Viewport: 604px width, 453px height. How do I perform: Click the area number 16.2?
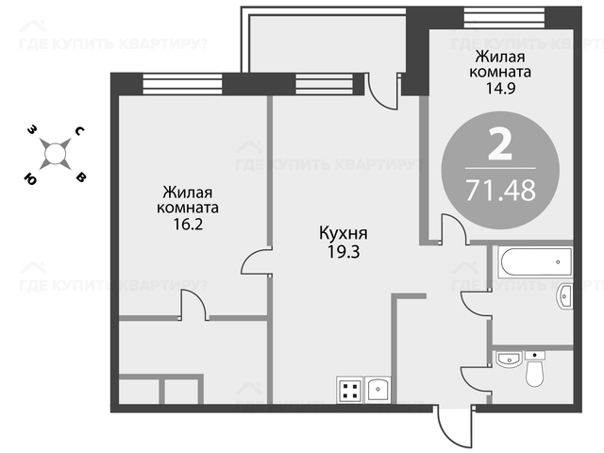[188, 225]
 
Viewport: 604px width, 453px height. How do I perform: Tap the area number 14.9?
[500, 89]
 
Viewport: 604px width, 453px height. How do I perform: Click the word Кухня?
[344, 234]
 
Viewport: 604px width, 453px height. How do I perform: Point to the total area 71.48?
[501, 190]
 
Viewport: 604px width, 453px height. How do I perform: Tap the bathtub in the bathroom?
[535, 262]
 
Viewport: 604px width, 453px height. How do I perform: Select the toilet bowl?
[535, 369]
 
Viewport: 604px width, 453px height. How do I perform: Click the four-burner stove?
[350, 390]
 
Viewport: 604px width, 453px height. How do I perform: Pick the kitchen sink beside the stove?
[377, 390]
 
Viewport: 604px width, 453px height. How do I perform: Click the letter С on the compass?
[79, 131]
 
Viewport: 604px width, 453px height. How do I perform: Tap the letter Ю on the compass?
[30, 178]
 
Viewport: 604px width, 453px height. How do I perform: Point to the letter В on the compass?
[81, 177]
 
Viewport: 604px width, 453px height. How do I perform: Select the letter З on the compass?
[32, 130]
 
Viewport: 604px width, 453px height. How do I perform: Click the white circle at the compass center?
[56, 154]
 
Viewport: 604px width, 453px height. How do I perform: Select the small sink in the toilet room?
[509, 359]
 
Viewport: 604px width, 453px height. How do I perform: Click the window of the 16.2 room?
[182, 84]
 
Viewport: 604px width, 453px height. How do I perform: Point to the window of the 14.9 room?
[505, 17]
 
